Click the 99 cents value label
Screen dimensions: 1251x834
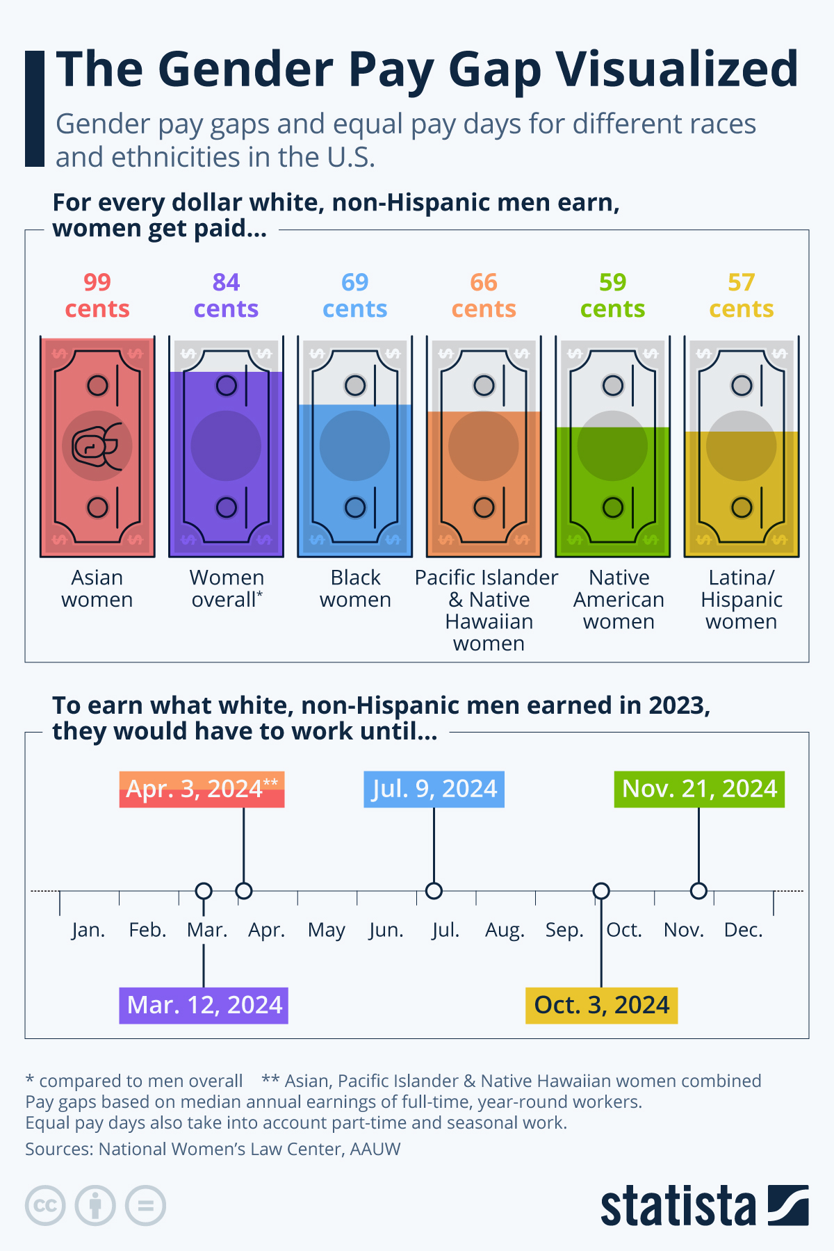click(x=97, y=295)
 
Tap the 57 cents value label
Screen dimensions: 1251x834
click(x=741, y=295)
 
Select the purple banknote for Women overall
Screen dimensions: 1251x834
click(x=226, y=447)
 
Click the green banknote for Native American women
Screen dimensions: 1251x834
click(x=612, y=447)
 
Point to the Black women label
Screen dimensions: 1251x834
click(x=355, y=589)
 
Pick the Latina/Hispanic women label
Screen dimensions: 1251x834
click(x=741, y=599)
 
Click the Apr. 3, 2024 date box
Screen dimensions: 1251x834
click(x=202, y=790)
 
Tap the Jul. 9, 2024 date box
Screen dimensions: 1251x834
click(x=434, y=790)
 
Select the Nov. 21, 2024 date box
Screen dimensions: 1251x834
click(x=699, y=790)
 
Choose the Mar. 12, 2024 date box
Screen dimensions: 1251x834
click(x=204, y=1006)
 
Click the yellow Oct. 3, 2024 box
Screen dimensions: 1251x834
click(x=601, y=1006)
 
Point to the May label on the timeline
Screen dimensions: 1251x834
click(x=327, y=930)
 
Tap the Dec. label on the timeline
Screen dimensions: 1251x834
click(x=743, y=930)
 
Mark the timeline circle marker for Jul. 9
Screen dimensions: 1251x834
click(x=434, y=891)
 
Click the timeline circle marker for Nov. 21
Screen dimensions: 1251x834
click(x=698, y=891)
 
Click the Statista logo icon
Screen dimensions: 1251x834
click(x=788, y=1205)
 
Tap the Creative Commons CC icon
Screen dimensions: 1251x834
click(x=45, y=1205)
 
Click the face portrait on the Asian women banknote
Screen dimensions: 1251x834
click(x=97, y=446)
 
